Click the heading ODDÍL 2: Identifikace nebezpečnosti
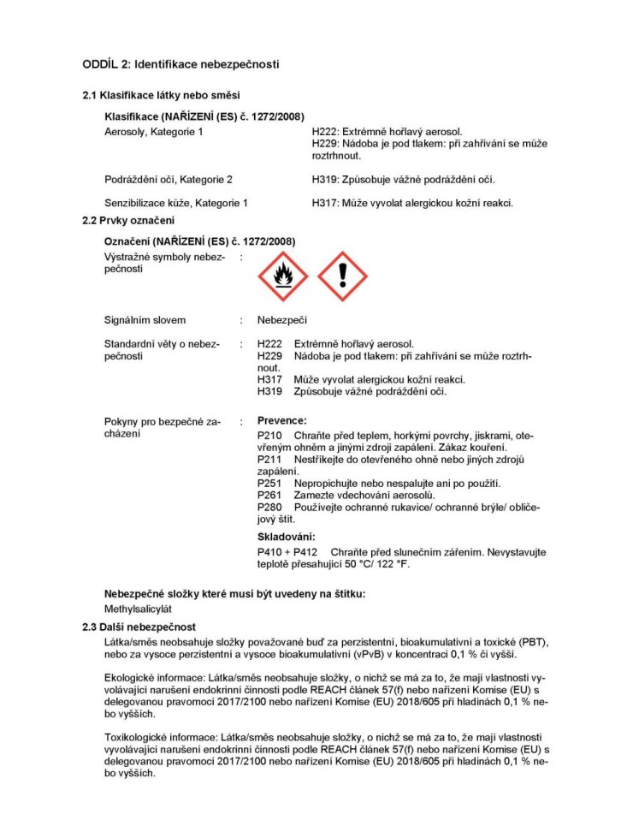tap(180, 64)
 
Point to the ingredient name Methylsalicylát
tap(139, 609)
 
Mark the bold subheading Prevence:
tap(281, 420)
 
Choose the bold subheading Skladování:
tap(286, 537)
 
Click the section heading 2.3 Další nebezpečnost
tap(139, 627)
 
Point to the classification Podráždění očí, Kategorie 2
tap(168, 180)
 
